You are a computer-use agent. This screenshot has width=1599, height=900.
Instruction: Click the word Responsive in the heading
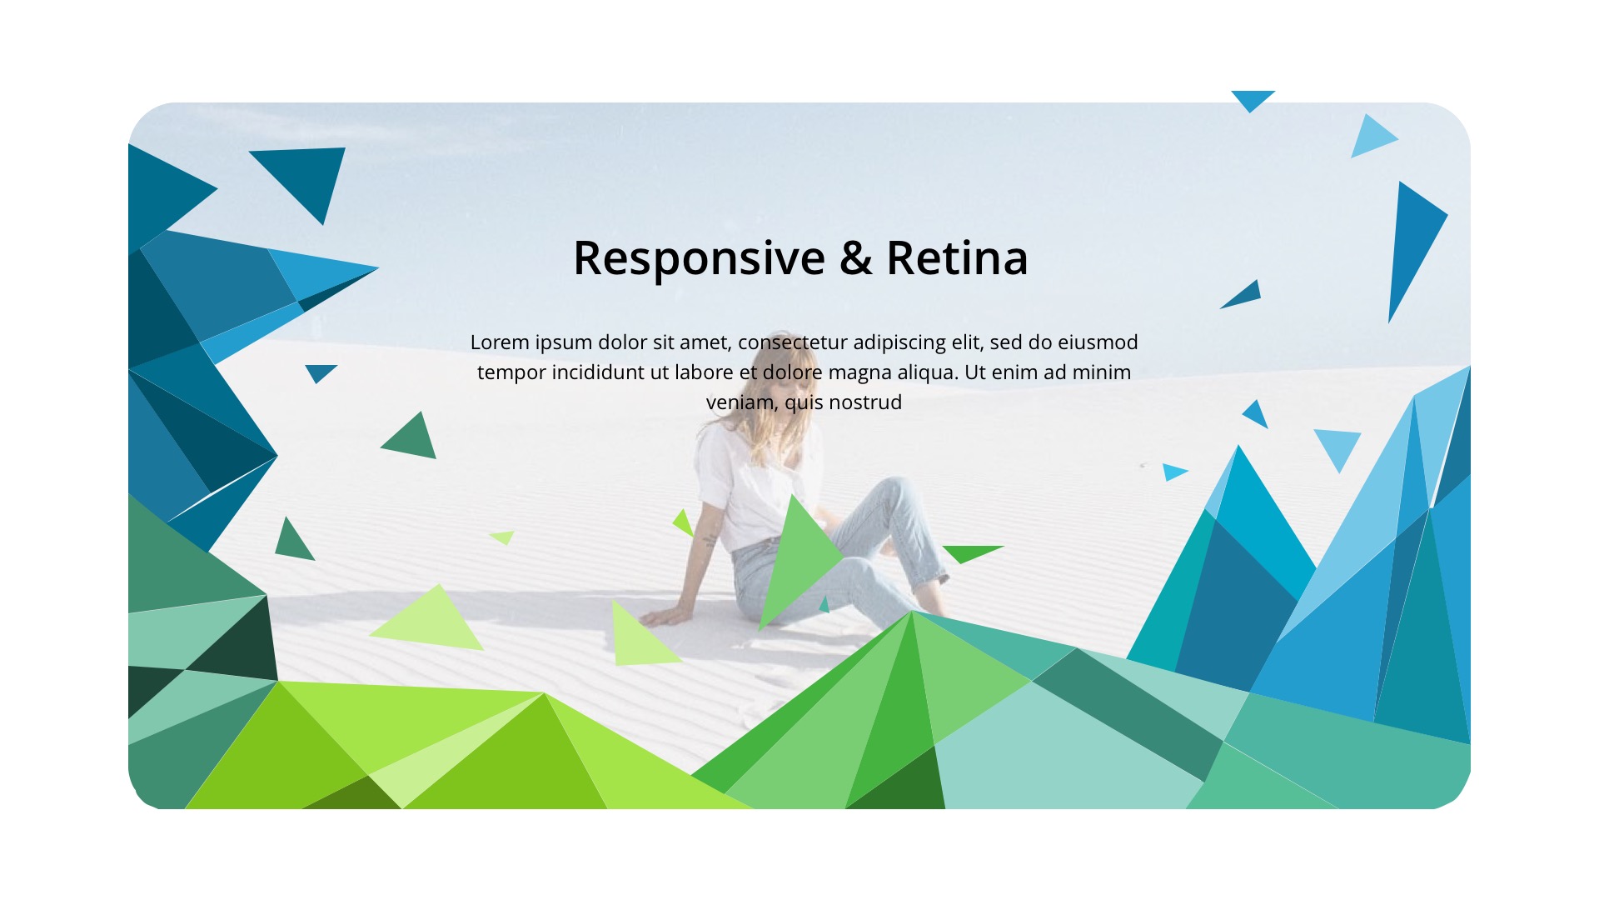point(699,258)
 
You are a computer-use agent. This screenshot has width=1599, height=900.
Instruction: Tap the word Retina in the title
point(957,257)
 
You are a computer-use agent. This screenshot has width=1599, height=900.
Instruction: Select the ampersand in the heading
point(855,258)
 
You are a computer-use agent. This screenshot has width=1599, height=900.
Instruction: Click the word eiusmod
point(1098,342)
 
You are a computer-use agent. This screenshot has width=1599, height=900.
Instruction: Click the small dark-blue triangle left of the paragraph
point(319,372)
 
